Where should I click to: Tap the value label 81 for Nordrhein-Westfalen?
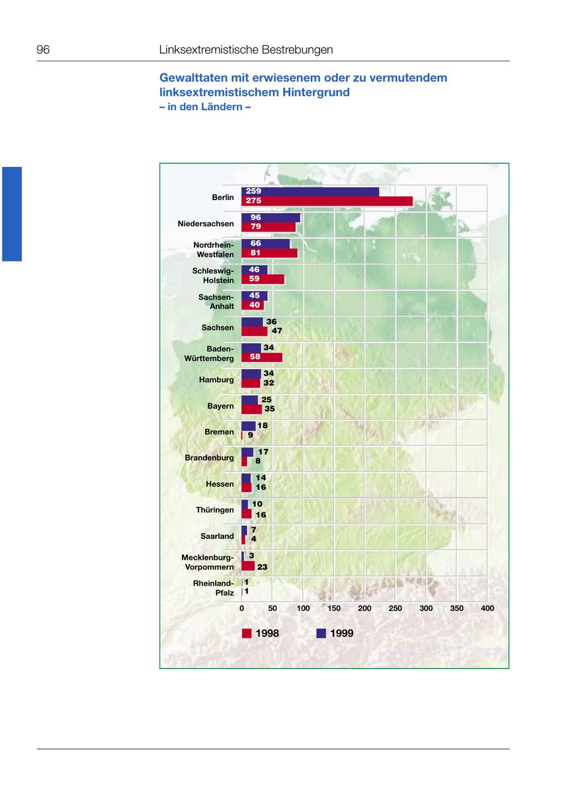pyautogui.click(x=255, y=253)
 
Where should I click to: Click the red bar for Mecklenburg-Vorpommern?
pyautogui.click(x=248, y=566)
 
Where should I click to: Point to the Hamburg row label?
pyautogui.click(x=216, y=380)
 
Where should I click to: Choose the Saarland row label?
pyautogui.click(x=217, y=536)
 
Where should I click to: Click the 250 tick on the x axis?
pyautogui.click(x=395, y=608)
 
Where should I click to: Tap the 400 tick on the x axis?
pyautogui.click(x=487, y=608)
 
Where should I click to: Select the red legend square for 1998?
pyautogui.click(x=247, y=633)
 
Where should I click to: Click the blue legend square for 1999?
pyautogui.click(x=322, y=633)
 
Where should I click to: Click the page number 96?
pyautogui.click(x=43, y=50)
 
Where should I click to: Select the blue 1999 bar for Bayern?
pyautogui.click(x=250, y=400)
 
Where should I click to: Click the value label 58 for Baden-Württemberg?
pyautogui.click(x=255, y=357)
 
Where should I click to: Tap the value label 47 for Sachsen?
pyautogui.click(x=277, y=331)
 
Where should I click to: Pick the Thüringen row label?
pyautogui.click(x=215, y=510)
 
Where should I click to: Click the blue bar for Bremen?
pyautogui.click(x=248, y=426)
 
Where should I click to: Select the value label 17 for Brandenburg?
pyautogui.click(x=263, y=451)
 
